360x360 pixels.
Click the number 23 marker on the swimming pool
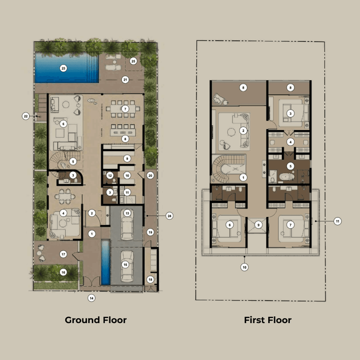pyautogui.click(x=63, y=69)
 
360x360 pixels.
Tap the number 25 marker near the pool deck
pyautogui.click(x=133, y=61)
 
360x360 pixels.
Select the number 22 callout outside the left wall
pyautogui.click(x=26, y=116)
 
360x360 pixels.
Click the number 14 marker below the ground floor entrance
pyautogui.click(x=91, y=298)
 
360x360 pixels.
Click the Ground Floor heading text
pyautogui.click(x=96, y=320)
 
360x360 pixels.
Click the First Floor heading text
pyautogui.click(x=267, y=320)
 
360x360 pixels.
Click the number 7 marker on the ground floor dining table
pyautogui.click(x=125, y=108)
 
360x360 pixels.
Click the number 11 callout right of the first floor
pyautogui.click(x=337, y=221)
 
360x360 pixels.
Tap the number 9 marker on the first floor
pyautogui.click(x=258, y=225)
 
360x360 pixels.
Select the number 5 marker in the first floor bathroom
pyautogui.click(x=290, y=166)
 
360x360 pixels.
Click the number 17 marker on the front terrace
pyautogui.click(x=63, y=253)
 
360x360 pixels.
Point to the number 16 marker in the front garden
pyautogui.click(x=63, y=272)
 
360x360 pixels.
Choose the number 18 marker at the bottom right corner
pyautogui.click(x=150, y=279)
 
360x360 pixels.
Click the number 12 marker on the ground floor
pyautogui.click(x=110, y=176)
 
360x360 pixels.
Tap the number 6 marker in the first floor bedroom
pyautogui.click(x=229, y=225)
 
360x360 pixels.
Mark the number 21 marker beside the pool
pyautogui.click(x=125, y=79)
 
